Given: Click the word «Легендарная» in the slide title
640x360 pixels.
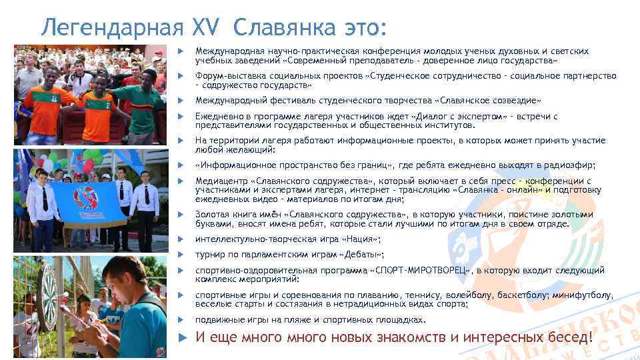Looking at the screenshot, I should [x=110, y=27].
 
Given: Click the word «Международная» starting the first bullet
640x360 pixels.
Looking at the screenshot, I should [x=227, y=51].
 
